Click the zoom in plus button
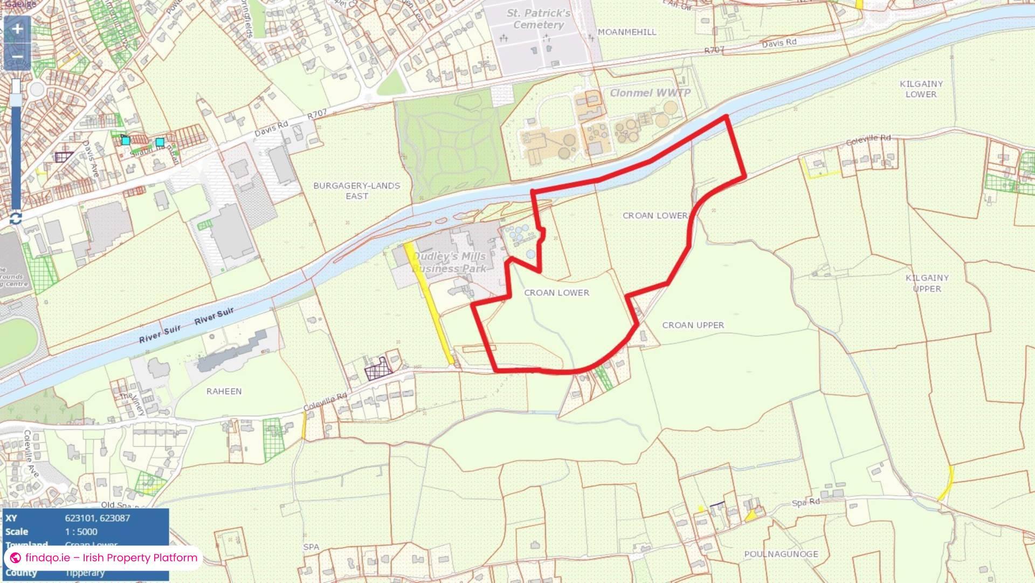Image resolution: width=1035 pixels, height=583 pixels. (17, 29)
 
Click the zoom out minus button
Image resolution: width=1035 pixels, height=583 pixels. (17, 57)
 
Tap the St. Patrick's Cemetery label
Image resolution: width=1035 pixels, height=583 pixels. (538, 19)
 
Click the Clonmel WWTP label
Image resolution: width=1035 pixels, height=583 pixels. (650, 93)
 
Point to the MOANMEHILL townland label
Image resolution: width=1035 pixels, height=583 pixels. (627, 32)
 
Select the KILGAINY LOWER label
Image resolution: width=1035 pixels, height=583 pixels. (921, 89)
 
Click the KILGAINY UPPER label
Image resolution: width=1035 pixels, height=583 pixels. (927, 283)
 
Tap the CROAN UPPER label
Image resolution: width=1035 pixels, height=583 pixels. (693, 325)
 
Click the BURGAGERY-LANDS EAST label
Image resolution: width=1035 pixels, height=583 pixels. (356, 191)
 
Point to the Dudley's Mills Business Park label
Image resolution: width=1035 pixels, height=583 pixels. (450, 262)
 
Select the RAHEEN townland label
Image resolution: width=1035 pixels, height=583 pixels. (224, 392)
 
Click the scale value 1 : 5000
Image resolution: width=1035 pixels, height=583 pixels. (81, 532)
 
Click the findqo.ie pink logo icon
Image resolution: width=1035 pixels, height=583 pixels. (16, 558)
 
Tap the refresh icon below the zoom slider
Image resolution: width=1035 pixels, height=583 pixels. (16, 218)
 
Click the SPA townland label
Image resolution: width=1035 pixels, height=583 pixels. (311, 547)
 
